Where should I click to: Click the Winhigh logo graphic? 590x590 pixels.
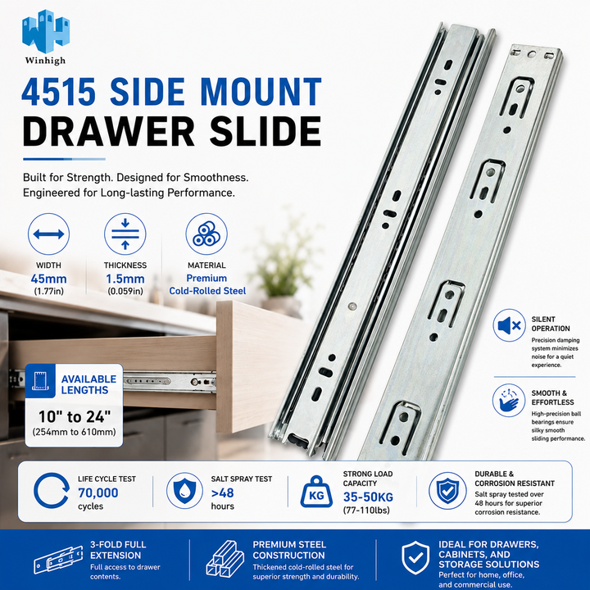point(46,31)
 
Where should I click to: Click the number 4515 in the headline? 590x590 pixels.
point(59,92)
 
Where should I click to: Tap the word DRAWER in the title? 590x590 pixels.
point(108,131)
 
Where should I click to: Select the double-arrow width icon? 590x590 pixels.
point(48,234)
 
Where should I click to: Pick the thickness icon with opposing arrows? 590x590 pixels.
point(125,234)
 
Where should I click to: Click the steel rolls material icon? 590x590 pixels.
point(206,234)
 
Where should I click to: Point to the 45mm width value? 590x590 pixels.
point(49,279)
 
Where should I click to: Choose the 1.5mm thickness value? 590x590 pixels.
point(125,279)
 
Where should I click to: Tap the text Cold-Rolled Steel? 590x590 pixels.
point(207,291)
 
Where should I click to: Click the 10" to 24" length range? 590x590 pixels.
point(75,416)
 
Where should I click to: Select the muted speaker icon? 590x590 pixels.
point(509,325)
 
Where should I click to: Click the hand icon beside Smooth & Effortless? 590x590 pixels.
point(509,401)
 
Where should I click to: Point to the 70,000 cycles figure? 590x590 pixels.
point(98,492)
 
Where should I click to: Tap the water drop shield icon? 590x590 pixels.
point(184,491)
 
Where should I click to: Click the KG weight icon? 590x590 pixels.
point(316,492)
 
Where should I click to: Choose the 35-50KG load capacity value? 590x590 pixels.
point(368,497)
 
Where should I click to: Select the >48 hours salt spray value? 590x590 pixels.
point(222,492)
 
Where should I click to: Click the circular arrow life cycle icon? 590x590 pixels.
point(51,491)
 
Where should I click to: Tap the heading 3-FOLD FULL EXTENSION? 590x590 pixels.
point(118,550)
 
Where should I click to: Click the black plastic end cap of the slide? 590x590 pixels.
point(299,442)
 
